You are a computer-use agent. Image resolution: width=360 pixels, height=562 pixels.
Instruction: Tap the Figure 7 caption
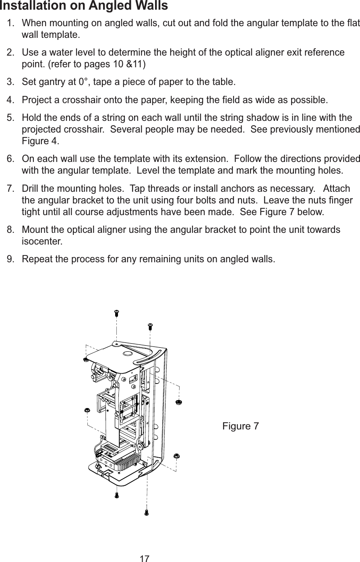coord(240,426)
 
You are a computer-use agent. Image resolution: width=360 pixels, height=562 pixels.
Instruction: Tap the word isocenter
coord(41,242)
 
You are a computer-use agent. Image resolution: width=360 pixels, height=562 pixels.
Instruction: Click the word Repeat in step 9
coord(35,258)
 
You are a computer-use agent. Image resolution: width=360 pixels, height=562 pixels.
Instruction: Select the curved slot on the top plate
coord(148,354)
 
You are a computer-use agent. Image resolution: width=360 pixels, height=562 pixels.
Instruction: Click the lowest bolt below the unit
coord(147,512)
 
